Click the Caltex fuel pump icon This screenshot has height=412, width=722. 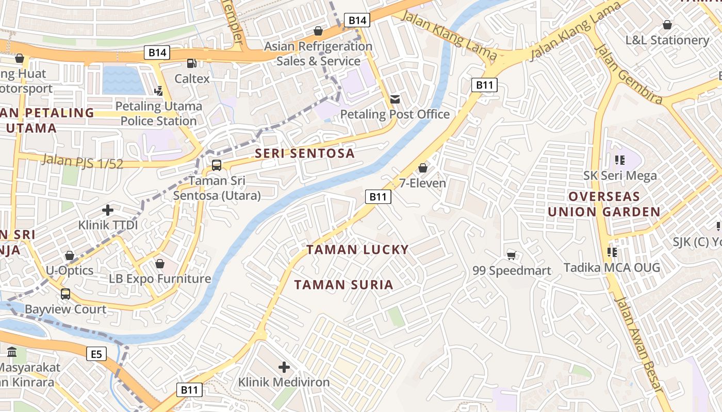[x=191, y=63]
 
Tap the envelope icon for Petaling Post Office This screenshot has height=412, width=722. [x=395, y=99]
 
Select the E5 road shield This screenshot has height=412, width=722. [x=96, y=354]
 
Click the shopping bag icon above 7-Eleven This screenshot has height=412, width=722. [x=423, y=168]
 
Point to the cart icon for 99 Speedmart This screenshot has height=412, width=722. [x=512, y=255]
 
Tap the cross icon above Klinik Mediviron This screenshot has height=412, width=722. [x=284, y=367]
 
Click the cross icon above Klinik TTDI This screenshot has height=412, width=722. [x=108, y=210]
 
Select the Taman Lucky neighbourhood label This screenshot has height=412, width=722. [x=357, y=250]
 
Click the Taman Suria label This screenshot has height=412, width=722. [x=343, y=285]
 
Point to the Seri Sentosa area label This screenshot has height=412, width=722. [x=305, y=153]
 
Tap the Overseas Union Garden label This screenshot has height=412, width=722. [x=604, y=204]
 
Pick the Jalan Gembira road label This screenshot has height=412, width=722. [x=628, y=74]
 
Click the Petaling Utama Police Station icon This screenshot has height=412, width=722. [x=159, y=91]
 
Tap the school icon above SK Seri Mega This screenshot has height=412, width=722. [x=620, y=160]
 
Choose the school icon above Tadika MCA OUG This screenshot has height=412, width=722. [x=612, y=252]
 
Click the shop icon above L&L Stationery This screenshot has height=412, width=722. [x=667, y=25]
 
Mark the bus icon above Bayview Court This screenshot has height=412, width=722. [x=65, y=294]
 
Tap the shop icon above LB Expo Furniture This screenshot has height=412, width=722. [x=160, y=264]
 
